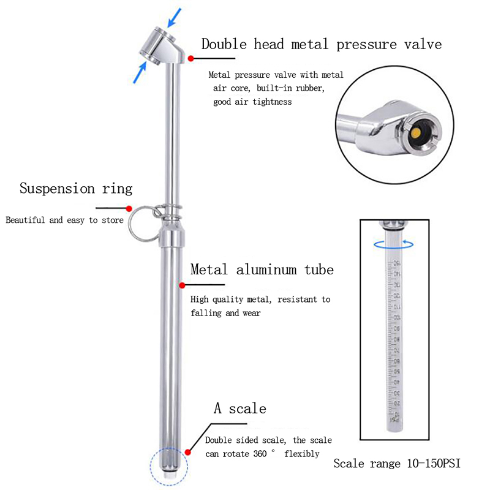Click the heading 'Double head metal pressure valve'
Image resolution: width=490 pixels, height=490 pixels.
(321, 44)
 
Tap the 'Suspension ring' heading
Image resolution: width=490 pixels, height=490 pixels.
(76, 188)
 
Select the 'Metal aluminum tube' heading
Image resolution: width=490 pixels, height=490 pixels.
(262, 269)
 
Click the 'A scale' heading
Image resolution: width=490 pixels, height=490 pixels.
(239, 409)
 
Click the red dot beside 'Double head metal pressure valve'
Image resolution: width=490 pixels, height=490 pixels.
(191, 58)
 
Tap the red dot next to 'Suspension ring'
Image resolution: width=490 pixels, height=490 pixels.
(129, 208)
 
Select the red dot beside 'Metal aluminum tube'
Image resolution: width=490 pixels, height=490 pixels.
(182, 285)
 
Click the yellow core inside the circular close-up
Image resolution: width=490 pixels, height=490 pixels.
(417, 133)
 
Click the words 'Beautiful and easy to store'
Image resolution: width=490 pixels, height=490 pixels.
(64, 220)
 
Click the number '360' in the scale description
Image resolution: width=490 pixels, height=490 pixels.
(261, 454)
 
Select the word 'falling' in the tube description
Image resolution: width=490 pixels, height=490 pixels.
(206, 313)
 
